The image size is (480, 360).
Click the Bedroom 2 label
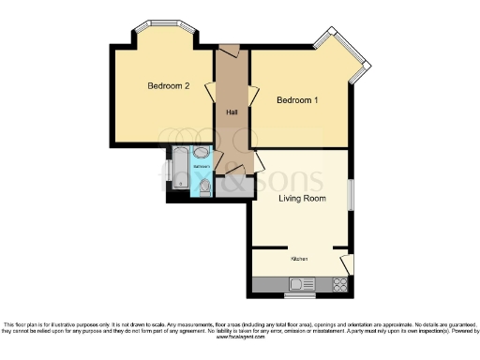pyautogui.click(x=169, y=86)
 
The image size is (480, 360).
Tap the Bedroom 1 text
pyautogui.click(x=296, y=99)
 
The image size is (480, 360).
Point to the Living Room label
pyautogui.click(x=302, y=198)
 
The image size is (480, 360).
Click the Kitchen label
pyautogui.click(x=299, y=259)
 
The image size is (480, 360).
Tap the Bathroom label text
pyautogui.click(x=202, y=166)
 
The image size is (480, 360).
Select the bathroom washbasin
pyautogui.click(x=202, y=154)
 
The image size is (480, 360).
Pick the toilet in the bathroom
pyautogui.click(x=205, y=187)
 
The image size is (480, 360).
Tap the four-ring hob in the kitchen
pyautogui.click(x=340, y=284)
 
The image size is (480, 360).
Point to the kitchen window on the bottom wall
pyautogui.click(x=300, y=295)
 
